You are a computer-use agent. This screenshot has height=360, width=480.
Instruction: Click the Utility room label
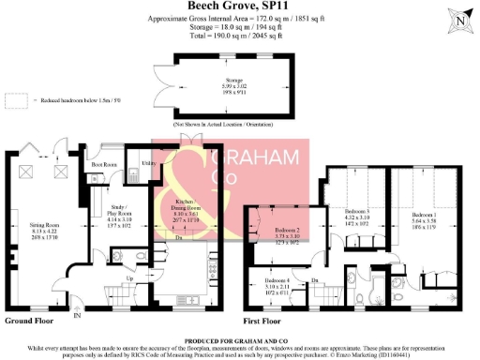pyautogui.click(x=146, y=162)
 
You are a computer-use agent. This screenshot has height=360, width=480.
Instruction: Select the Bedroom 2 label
pyautogui.click(x=286, y=230)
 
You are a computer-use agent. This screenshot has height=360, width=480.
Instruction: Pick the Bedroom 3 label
pyautogui.click(x=354, y=213)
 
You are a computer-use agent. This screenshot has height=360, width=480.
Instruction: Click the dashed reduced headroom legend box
pyautogui.click(x=14, y=97)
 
